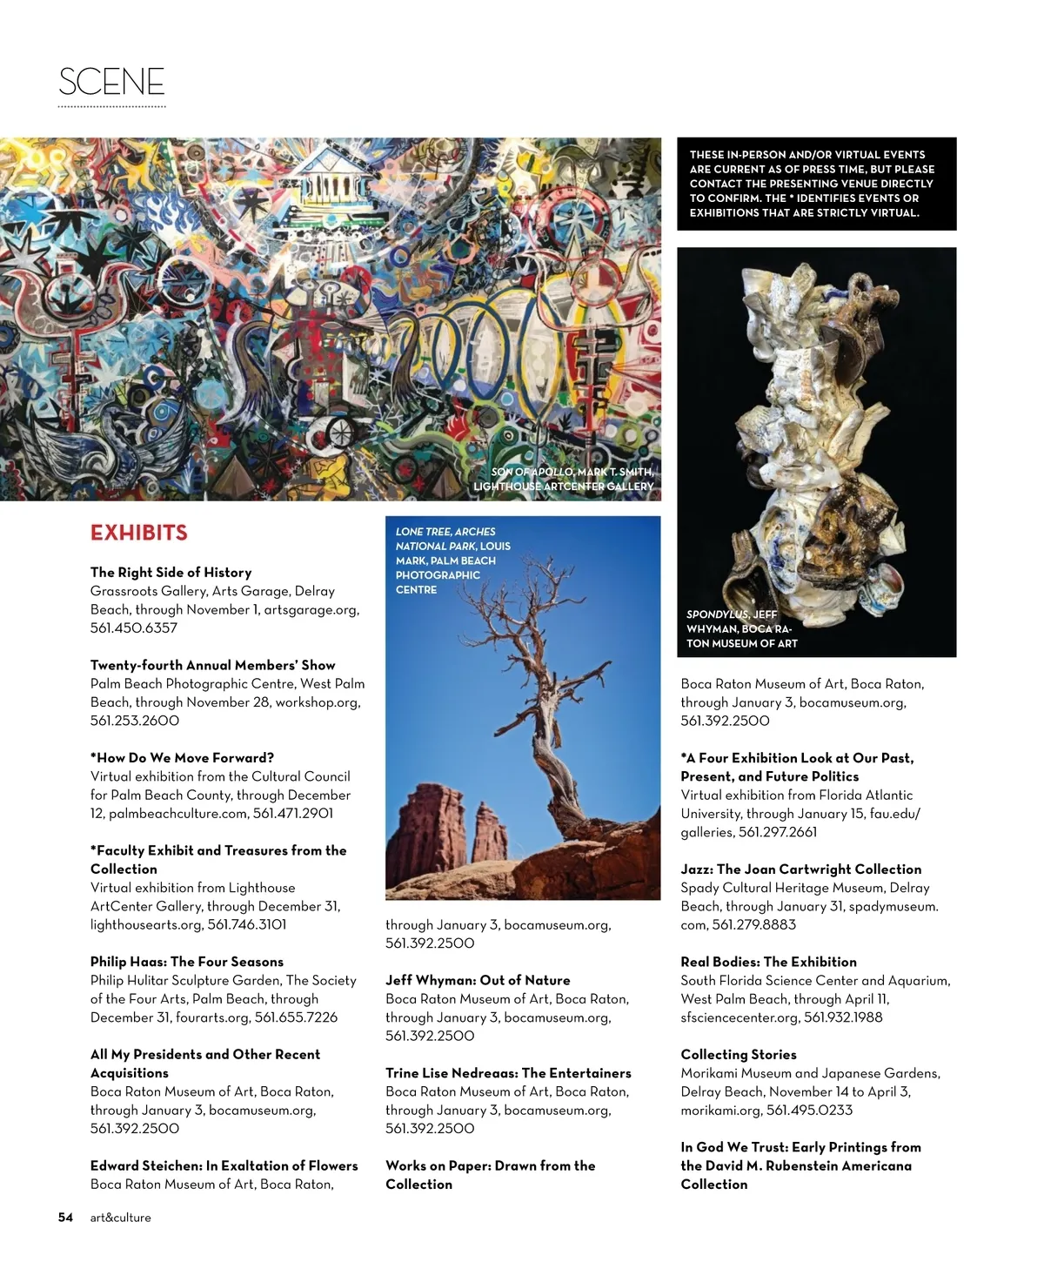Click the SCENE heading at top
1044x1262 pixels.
point(111,82)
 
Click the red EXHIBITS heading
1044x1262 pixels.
point(139,533)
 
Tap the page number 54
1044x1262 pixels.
point(66,1218)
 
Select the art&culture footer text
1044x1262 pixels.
point(121,1218)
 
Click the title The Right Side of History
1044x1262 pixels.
point(171,572)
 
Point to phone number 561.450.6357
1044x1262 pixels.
point(134,628)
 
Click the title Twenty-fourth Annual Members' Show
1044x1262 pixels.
point(213,665)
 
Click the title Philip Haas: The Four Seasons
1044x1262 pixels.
point(187,962)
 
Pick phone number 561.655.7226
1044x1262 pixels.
point(296,1017)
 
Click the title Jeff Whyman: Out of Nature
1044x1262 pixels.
point(478,980)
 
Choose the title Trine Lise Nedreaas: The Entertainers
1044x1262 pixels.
point(508,1073)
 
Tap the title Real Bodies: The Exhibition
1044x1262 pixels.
point(768,962)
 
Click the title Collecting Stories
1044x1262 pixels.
point(739,1054)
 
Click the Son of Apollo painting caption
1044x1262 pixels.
point(564,479)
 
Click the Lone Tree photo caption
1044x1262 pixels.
point(452,561)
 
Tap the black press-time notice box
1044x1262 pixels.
point(817,184)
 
